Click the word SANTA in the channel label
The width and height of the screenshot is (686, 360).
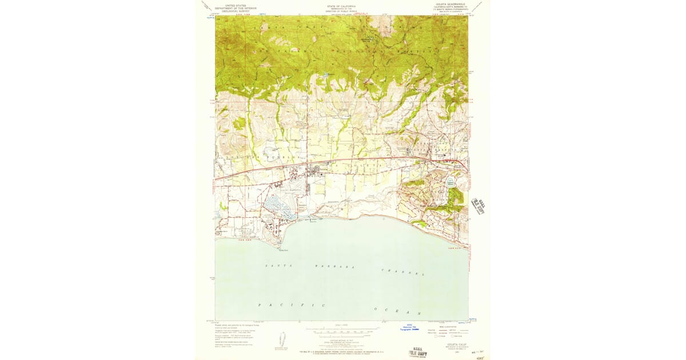[274, 266]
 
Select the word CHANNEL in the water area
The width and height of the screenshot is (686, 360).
[403, 272]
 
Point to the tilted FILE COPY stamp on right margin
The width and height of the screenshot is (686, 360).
[477, 206]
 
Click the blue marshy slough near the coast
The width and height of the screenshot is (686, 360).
[278, 205]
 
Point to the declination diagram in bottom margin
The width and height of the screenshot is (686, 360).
[281, 338]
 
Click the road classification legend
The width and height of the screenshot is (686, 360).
[449, 330]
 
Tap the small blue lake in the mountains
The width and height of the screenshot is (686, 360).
[325, 75]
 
